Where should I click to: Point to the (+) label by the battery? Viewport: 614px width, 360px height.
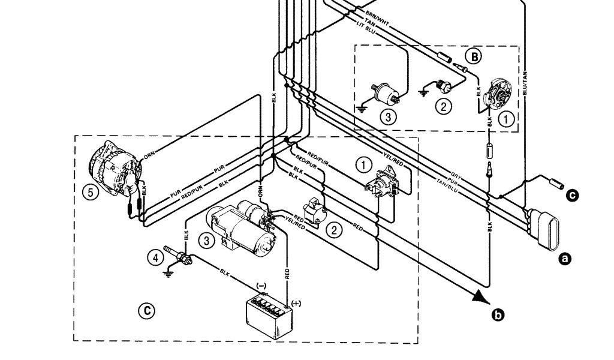click(x=296, y=303)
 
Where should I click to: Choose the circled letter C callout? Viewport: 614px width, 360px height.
click(x=146, y=310)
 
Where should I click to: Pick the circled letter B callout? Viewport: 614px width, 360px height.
click(x=474, y=57)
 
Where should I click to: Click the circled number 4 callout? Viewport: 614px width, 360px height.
click(x=155, y=257)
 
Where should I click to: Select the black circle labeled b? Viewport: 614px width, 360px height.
click(x=497, y=313)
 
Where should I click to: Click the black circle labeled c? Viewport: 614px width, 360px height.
click(x=573, y=194)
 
